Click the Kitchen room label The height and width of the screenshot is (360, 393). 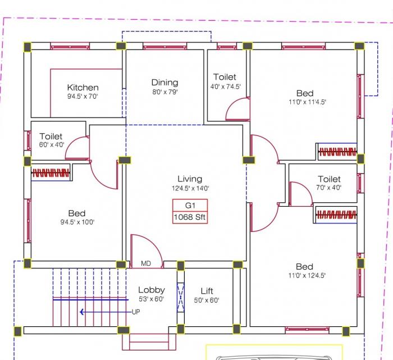click(x=83, y=87)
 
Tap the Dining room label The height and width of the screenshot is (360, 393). click(x=164, y=83)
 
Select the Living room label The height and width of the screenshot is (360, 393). click(x=190, y=179)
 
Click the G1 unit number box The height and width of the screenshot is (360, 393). click(x=190, y=205)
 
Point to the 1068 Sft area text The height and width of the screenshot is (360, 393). click(x=190, y=217)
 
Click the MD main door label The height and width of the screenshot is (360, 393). click(x=146, y=263)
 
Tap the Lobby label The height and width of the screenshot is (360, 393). click(x=152, y=290)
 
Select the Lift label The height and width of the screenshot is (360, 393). click(x=207, y=291)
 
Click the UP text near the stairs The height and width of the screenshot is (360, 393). click(x=136, y=312)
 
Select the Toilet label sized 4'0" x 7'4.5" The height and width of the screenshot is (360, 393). click(x=225, y=77)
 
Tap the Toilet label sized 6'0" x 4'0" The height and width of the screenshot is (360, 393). click(x=51, y=136)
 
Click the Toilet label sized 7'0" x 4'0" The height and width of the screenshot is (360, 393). click(x=329, y=179)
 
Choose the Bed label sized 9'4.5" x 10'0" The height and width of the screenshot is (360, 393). click(x=77, y=213)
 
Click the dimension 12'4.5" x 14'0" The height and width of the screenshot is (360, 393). click(x=190, y=189)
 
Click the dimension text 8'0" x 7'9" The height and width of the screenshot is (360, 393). click(x=164, y=92)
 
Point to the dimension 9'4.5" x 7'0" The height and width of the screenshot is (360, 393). click(x=83, y=96)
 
